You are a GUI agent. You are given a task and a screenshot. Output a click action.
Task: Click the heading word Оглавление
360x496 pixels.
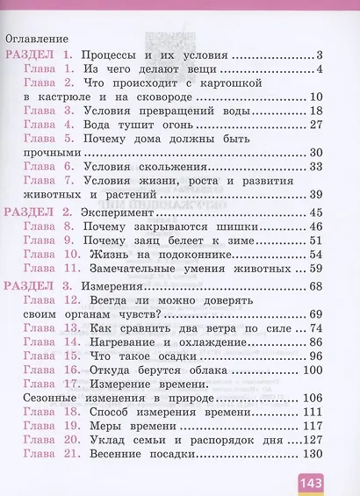36,39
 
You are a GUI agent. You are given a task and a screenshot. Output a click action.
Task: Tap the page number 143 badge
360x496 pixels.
309,480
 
